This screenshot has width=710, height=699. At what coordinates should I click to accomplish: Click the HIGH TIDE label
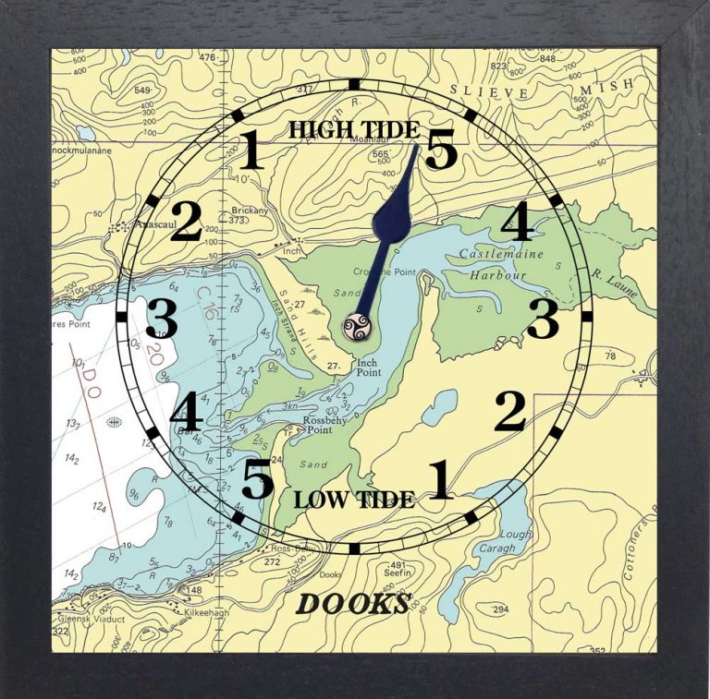coord(353,129)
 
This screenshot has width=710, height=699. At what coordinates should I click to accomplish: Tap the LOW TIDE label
coord(354,500)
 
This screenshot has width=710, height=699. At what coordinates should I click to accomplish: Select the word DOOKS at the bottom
coord(353,604)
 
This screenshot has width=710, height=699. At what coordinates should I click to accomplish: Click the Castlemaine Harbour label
coord(505,264)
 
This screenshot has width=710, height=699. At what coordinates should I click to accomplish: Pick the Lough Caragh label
coord(514,541)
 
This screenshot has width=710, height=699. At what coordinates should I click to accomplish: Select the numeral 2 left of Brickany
coord(185,223)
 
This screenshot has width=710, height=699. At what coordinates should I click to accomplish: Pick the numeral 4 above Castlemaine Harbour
coord(516,223)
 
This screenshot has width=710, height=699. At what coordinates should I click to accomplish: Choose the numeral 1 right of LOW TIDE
coord(439,480)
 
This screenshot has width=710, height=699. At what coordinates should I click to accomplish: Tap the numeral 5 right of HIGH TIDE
coord(441,151)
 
